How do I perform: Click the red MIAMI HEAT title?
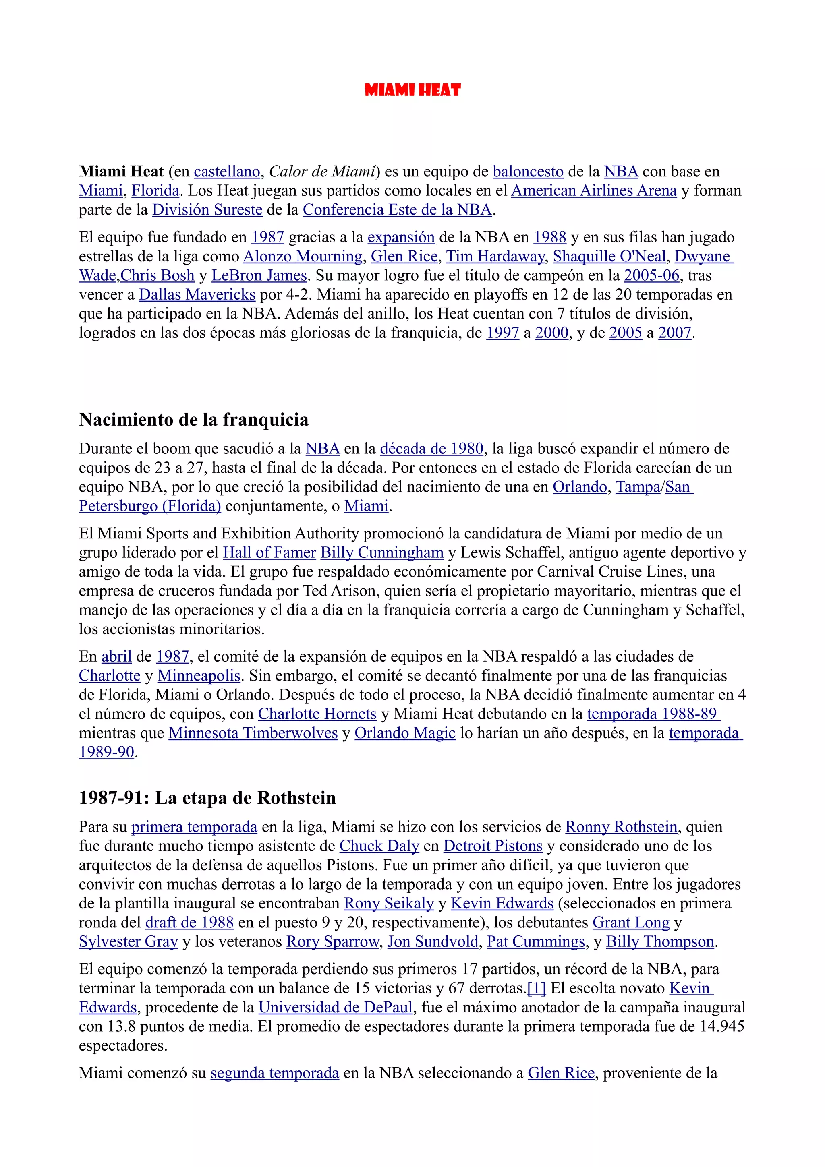click(412, 91)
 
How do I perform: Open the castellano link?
click(227, 172)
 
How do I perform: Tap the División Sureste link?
click(207, 210)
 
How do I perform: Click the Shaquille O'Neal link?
click(609, 256)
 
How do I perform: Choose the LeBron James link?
click(259, 275)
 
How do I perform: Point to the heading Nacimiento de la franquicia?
click(194, 420)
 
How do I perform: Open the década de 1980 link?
click(431, 449)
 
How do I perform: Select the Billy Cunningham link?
click(382, 552)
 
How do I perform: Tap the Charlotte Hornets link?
click(317, 714)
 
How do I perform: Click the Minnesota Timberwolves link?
click(253, 733)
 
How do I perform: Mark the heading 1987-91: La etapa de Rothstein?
click(207, 798)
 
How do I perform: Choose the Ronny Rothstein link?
click(621, 827)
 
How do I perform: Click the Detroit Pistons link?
click(493, 846)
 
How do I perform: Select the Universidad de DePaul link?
click(336, 1008)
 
